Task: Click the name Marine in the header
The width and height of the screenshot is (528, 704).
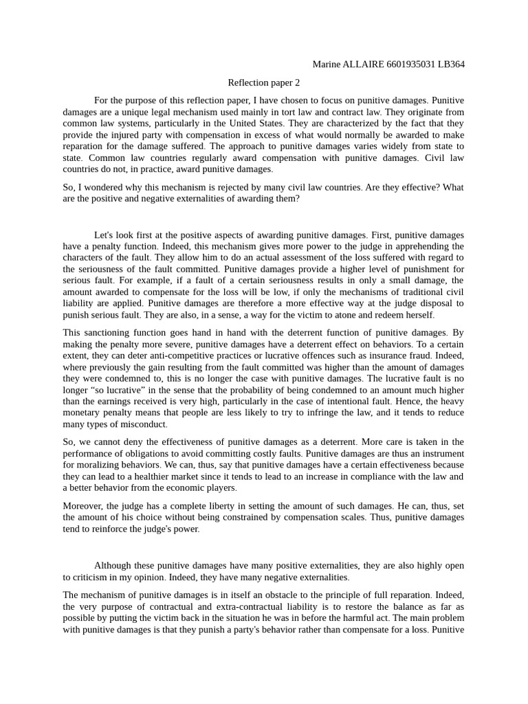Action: [327, 65]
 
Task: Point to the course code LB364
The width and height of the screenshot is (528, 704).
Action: [452, 65]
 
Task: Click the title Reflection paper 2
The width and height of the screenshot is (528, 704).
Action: [264, 82]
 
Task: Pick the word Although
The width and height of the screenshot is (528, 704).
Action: [114, 565]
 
